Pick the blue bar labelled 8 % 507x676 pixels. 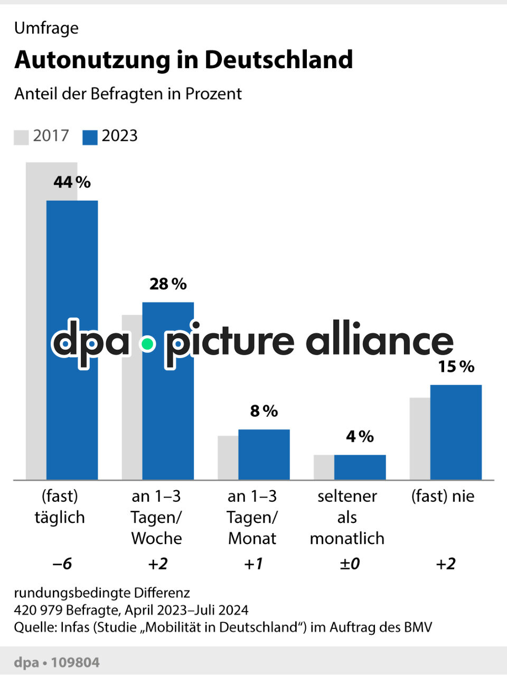[x=264, y=454]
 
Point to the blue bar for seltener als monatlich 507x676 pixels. [x=360, y=467]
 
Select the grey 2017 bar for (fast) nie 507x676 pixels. [x=420, y=438]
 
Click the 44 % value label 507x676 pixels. [x=72, y=182]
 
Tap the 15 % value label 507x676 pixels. [x=456, y=367]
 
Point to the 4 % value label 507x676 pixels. [x=360, y=436]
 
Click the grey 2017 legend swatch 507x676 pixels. [x=21, y=137]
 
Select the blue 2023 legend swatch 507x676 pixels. [x=90, y=137]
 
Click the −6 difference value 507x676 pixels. [x=62, y=564]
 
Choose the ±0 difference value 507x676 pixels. [x=349, y=564]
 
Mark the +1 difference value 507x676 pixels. [x=253, y=564]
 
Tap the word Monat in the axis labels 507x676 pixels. [x=252, y=538]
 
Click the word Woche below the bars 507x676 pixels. [x=156, y=538]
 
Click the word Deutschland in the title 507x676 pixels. [x=279, y=60]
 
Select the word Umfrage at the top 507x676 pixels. [x=46, y=28]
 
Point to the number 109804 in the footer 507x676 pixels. [x=76, y=662]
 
